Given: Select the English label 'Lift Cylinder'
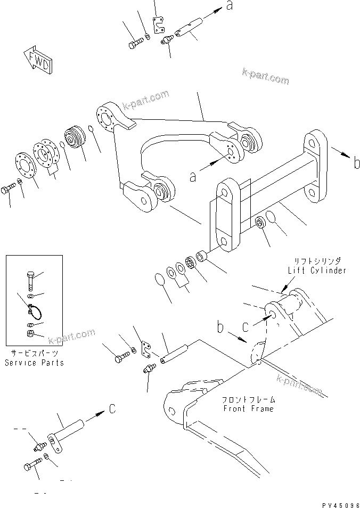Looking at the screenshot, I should (317, 271).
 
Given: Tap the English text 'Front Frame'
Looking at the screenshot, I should (248, 408).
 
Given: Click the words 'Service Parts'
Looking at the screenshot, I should (34, 363).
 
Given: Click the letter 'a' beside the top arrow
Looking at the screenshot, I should (230, 6).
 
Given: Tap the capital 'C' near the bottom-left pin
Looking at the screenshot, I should (112, 409).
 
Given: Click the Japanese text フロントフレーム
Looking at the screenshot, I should (248, 399).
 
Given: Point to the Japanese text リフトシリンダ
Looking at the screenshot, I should (317, 261).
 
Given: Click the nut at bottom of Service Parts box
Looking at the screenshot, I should (30, 334).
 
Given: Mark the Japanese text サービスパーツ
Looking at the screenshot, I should (34, 353).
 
